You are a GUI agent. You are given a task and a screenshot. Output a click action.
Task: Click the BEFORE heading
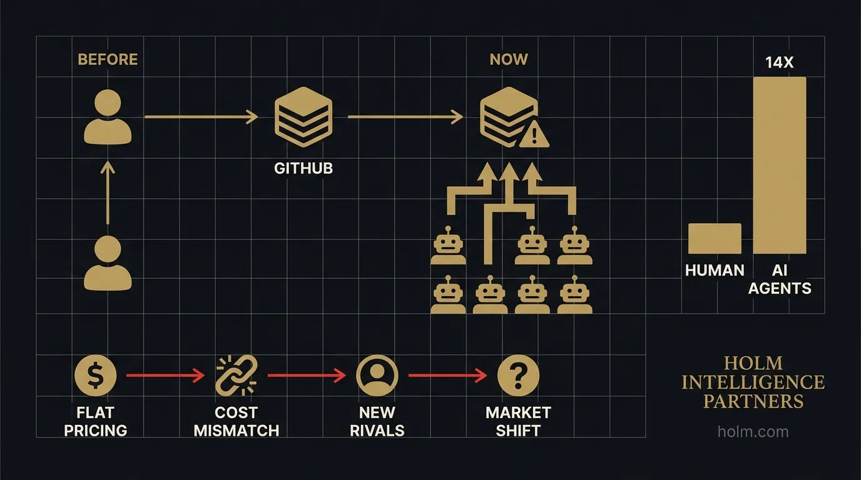click(108, 60)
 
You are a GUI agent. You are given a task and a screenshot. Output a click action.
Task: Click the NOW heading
click(509, 60)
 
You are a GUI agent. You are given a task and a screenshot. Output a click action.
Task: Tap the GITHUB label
click(303, 169)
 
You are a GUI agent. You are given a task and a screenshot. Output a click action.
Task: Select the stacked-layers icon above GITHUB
click(303, 118)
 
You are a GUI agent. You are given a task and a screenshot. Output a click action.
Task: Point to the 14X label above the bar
click(779, 62)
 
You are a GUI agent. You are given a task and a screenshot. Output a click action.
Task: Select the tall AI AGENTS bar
click(780, 165)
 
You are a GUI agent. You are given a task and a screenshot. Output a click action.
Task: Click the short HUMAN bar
click(715, 238)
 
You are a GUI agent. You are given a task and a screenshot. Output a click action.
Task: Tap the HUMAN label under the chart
click(715, 271)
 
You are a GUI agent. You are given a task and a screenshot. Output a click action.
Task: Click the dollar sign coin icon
click(95, 376)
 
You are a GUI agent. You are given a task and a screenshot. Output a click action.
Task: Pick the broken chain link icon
click(236, 376)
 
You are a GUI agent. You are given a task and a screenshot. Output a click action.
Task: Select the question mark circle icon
click(518, 376)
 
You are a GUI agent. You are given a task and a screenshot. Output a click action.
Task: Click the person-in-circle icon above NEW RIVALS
click(377, 376)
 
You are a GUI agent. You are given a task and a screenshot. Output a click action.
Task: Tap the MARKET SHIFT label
click(518, 421)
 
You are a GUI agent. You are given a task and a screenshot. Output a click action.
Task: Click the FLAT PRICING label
click(95, 421)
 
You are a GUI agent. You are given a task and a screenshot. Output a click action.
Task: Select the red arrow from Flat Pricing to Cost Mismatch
click(165, 376)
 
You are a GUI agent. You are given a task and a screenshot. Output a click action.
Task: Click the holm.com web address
click(753, 431)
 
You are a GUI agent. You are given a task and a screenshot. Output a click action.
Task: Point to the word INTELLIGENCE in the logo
click(753, 382)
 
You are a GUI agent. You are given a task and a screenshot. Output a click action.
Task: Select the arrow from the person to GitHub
click(201, 117)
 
